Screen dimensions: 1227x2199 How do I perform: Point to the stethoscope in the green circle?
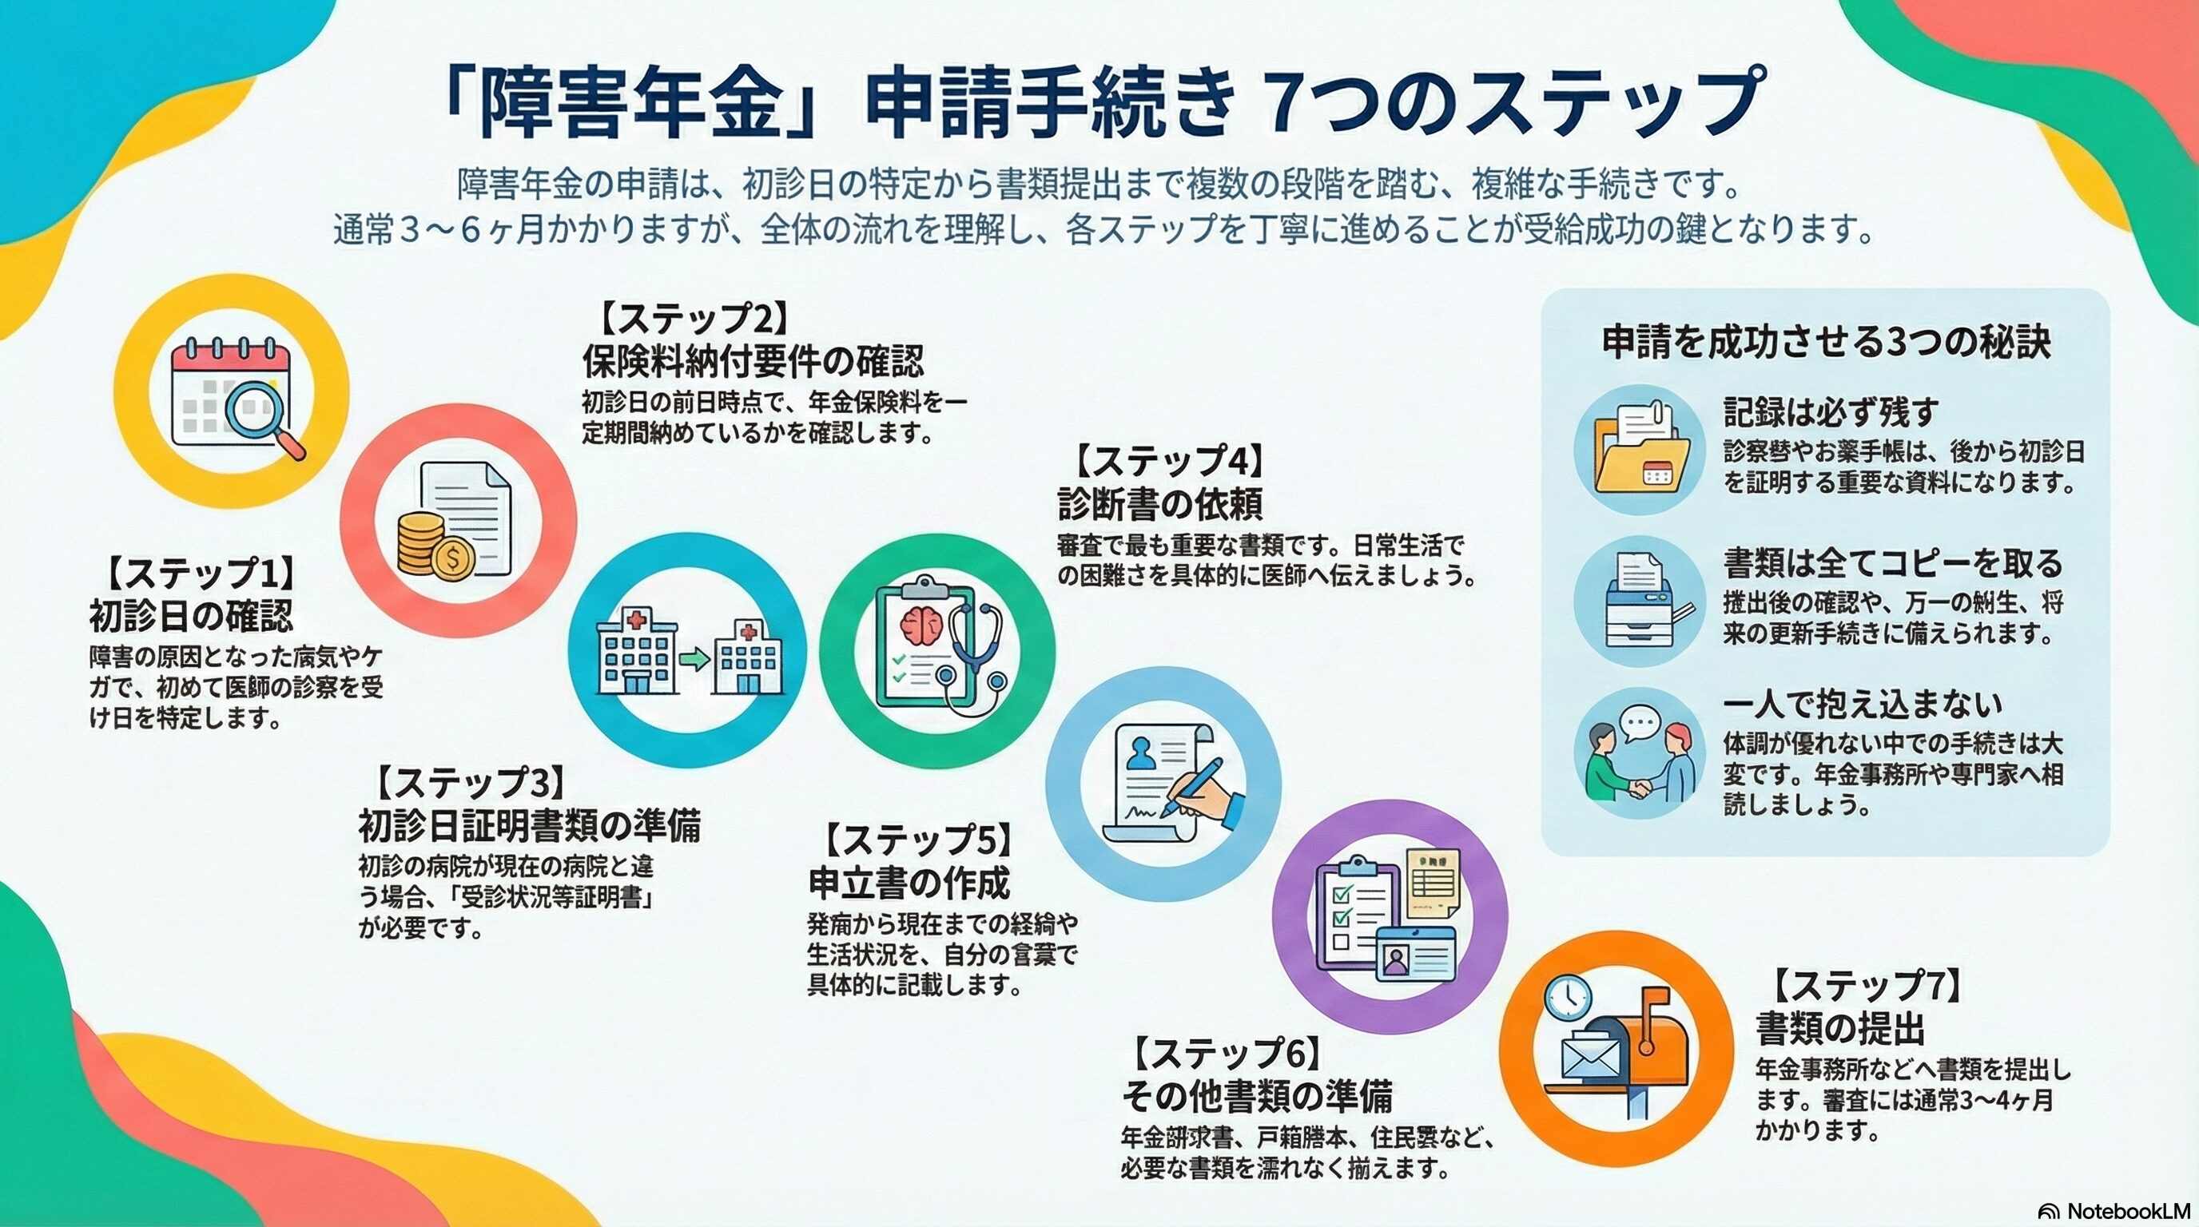coord(978,649)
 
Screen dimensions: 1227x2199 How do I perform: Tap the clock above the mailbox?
coord(1567,996)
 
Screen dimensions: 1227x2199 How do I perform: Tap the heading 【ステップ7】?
coord(1866,987)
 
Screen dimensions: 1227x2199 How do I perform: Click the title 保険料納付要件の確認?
coord(753,361)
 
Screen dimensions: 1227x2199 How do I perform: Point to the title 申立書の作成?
coord(909,884)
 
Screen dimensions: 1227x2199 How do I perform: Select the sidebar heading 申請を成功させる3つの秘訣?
coord(1826,342)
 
